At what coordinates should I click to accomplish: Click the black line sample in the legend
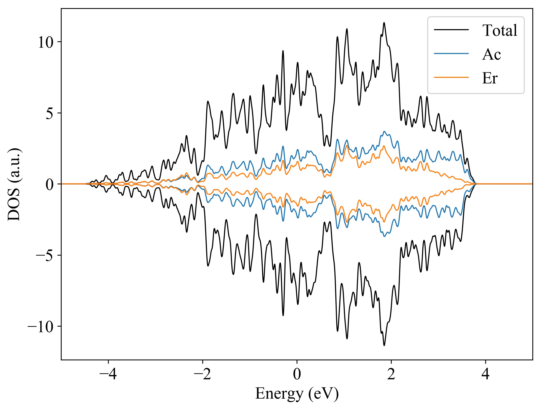(x=451, y=30)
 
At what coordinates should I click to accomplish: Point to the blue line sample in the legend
(x=451, y=54)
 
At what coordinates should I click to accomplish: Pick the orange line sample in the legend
(x=451, y=77)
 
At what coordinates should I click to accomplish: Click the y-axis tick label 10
(x=46, y=42)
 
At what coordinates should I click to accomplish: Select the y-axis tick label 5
(x=50, y=113)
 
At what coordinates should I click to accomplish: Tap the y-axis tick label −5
(x=45, y=255)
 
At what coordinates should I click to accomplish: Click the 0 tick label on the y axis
(x=50, y=184)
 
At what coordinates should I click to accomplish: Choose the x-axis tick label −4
(x=108, y=374)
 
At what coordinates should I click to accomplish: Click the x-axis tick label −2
(x=203, y=374)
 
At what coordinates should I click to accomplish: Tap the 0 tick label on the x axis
(x=297, y=374)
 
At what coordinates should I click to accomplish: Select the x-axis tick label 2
(x=391, y=374)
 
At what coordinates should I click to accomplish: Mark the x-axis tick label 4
(x=485, y=374)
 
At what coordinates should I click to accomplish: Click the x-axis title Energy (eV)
(x=297, y=394)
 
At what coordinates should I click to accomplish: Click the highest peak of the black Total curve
(x=384, y=23)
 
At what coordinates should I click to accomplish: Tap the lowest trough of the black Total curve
(x=384, y=345)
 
